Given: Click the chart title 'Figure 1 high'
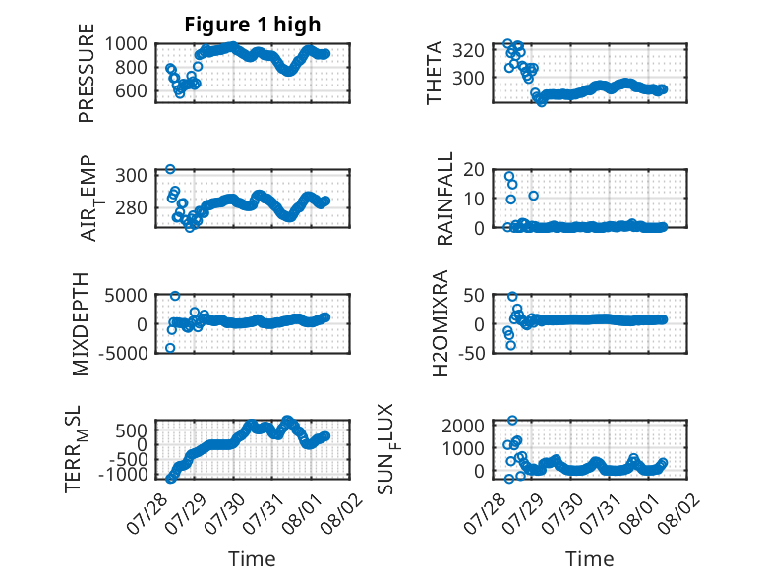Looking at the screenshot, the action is [253, 25].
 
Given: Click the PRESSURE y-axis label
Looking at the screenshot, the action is [86, 73].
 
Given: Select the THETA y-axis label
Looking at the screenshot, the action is [434, 73].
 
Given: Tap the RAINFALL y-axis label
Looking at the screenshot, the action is [445, 199].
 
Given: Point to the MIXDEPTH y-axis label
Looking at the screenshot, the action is [81, 324].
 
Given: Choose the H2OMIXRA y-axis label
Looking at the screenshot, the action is [441, 323].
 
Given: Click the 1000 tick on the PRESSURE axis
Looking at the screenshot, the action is [126, 44].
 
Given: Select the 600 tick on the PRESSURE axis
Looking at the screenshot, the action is [131, 90].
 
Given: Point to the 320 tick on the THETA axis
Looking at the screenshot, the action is [468, 50].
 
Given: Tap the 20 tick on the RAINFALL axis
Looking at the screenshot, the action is [474, 170].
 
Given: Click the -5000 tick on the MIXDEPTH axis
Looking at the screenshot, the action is [123, 353].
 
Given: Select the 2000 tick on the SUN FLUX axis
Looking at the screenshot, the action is [463, 426].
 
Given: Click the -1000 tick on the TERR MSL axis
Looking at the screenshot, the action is [123, 474].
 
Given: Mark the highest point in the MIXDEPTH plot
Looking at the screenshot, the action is [175, 296].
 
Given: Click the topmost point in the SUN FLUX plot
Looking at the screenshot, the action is [512, 420].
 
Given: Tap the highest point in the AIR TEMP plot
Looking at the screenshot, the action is [170, 169].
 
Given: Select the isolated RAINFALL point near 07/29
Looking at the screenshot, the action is [533, 196].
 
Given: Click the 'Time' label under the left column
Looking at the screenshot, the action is [252, 559].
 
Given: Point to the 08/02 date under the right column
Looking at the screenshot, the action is [679, 513].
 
